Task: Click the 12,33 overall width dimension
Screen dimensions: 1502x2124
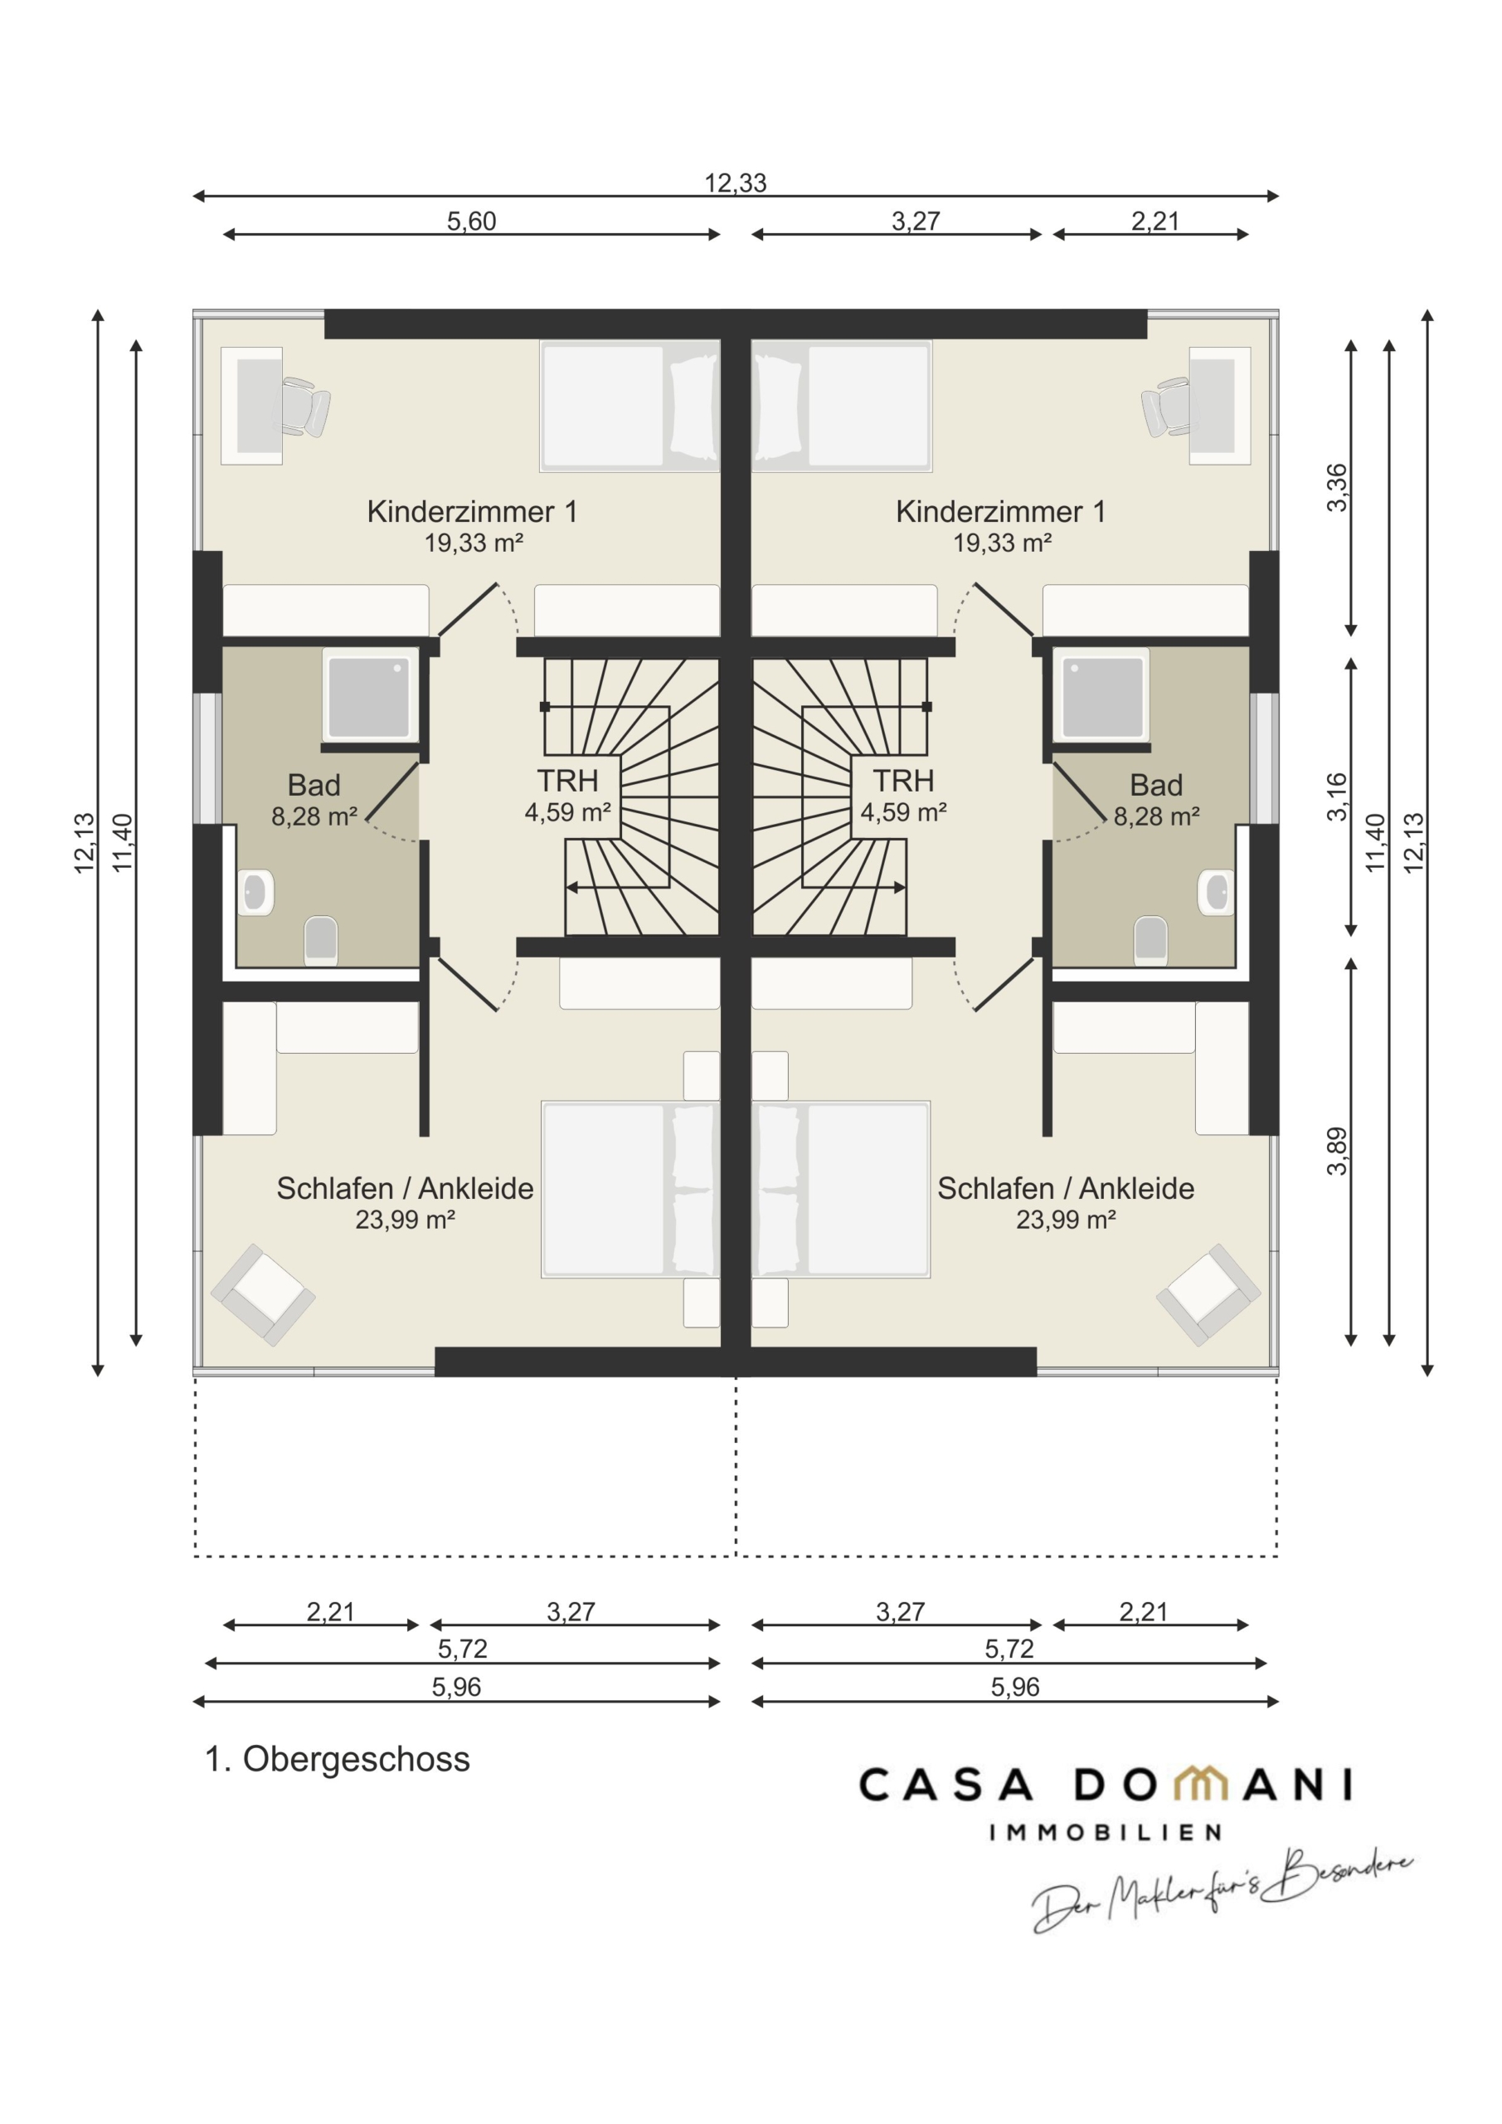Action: click(736, 183)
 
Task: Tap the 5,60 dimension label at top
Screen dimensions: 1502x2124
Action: click(472, 221)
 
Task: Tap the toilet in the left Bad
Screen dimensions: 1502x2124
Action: click(321, 940)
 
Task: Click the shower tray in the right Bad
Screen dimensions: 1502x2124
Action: click(1102, 697)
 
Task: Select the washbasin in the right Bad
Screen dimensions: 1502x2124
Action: click(1216, 893)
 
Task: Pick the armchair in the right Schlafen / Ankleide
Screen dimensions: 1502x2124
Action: click(1208, 1295)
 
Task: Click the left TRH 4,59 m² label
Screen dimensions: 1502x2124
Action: click(568, 796)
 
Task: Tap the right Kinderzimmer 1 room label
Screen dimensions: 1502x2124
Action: click(1001, 512)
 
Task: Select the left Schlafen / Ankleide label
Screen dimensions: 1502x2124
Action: click(405, 1189)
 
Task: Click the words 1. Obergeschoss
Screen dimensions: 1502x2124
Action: click(338, 1760)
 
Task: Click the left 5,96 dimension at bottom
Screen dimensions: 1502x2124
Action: click(457, 1688)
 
